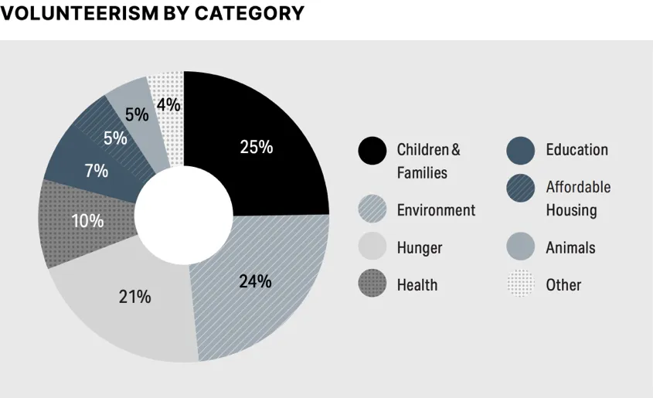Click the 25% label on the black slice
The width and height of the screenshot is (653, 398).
click(x=256, y=147)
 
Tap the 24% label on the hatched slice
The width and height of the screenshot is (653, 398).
click(x=255, y=281)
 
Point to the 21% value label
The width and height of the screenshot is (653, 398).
click(x=134, y=296)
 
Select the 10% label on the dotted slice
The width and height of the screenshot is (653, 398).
click(x=87, y=221)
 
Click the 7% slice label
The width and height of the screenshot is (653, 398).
click(x=97, y=171)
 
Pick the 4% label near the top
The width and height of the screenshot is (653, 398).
click(x=168, y=104)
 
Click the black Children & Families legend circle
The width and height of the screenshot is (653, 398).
click(x=372, y=150)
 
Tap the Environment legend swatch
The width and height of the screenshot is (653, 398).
click(x=372, y=209)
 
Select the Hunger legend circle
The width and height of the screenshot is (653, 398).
click(x=372, y=247)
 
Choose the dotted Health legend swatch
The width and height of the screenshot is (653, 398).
click(x=372, y=284)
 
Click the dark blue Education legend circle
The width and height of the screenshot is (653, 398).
click(x=521, y=150)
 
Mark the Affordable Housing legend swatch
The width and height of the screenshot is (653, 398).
click(x=521, y=188)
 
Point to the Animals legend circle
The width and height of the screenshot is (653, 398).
click(x=521, y=247)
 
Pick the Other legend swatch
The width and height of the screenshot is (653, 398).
click(x=521, y=284)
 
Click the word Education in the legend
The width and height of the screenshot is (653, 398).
click(x=576, y=150)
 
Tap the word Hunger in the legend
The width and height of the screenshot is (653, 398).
click(x=420, y=248)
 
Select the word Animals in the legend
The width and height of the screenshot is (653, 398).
click(x=570, y=248)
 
